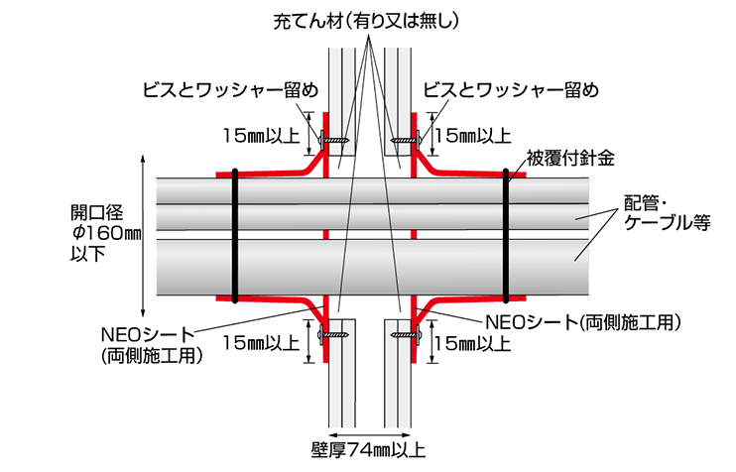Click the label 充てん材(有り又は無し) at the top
tap(366, 22)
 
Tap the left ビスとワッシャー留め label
tap(231, 90)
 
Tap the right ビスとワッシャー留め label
tap(511, 90)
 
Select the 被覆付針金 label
tap(570, 158)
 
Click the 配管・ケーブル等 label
tap(667, 213)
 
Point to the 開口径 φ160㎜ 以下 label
tap(105, 233)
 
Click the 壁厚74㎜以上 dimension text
tap(368, 450)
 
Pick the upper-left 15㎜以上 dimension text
tap(261, 136)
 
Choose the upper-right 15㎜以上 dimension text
tap(473, 136)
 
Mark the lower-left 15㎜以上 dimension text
tap(261, 343)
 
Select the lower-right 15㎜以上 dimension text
tap(473, 343)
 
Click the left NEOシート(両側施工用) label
tap(152, 345)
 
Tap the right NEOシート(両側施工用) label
tap(582, 322)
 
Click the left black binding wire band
tap(235, 236)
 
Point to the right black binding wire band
tap(506, 236)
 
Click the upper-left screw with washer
tap(334, 140)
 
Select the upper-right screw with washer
tap(406, 140)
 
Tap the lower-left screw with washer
tap(334, 334)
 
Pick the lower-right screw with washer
tap(406, 334)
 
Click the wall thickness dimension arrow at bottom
tap(370, 434)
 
